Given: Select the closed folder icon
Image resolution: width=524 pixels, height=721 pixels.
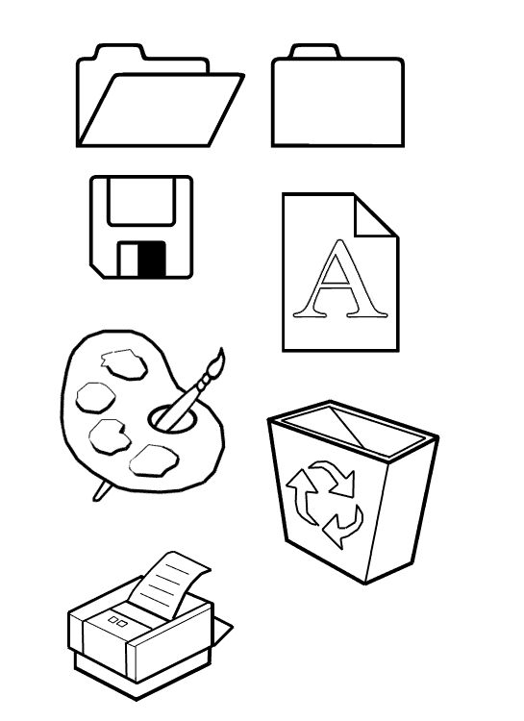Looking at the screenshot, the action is click(337, 95).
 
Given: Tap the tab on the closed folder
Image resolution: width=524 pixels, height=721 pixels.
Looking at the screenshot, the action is click(315, 51).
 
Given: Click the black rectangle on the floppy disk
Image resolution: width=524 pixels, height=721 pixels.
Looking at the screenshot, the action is click(152, 259).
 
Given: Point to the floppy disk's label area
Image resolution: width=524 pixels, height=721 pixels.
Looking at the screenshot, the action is click(141, 201).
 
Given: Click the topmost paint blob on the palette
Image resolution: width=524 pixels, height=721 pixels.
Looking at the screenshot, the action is click(124, 364).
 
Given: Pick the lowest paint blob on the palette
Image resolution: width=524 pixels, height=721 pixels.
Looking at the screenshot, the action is click(154, 460).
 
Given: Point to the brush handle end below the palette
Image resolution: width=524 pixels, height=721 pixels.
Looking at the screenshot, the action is click(101, 491).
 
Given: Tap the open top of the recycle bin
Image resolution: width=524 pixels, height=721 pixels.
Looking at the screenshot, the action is click(353, 430).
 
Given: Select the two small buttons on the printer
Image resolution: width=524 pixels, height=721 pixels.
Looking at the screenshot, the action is click(118, 622).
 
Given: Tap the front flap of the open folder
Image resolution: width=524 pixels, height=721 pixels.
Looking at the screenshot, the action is click(162, 110).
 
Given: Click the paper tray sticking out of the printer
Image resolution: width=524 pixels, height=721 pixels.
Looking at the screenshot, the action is click(223, 630).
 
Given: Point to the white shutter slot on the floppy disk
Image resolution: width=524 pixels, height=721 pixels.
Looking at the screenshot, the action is click(129, 260).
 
